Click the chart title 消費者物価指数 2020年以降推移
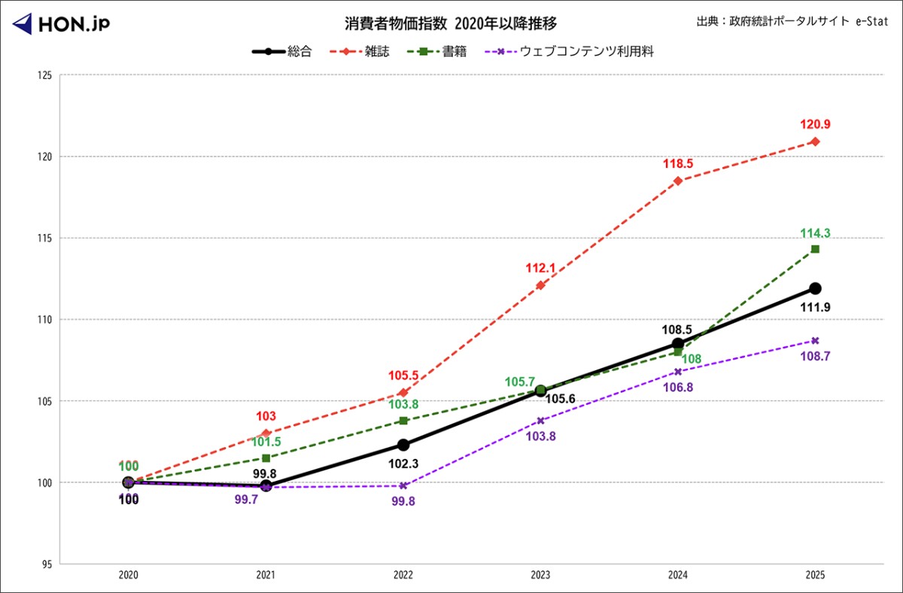tap(451, 23)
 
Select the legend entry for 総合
tap(282, 52)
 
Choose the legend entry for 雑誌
tap(361, 52)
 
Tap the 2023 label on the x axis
tap(540, 575)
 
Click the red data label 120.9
tap(816, 125)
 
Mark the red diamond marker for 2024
tap(678, 181)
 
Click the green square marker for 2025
tap(815, 249)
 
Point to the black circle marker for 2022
tap(403, 445)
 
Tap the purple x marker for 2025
tap(815, 340)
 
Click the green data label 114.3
tap(816, 233)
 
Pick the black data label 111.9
tap(816, 307)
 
